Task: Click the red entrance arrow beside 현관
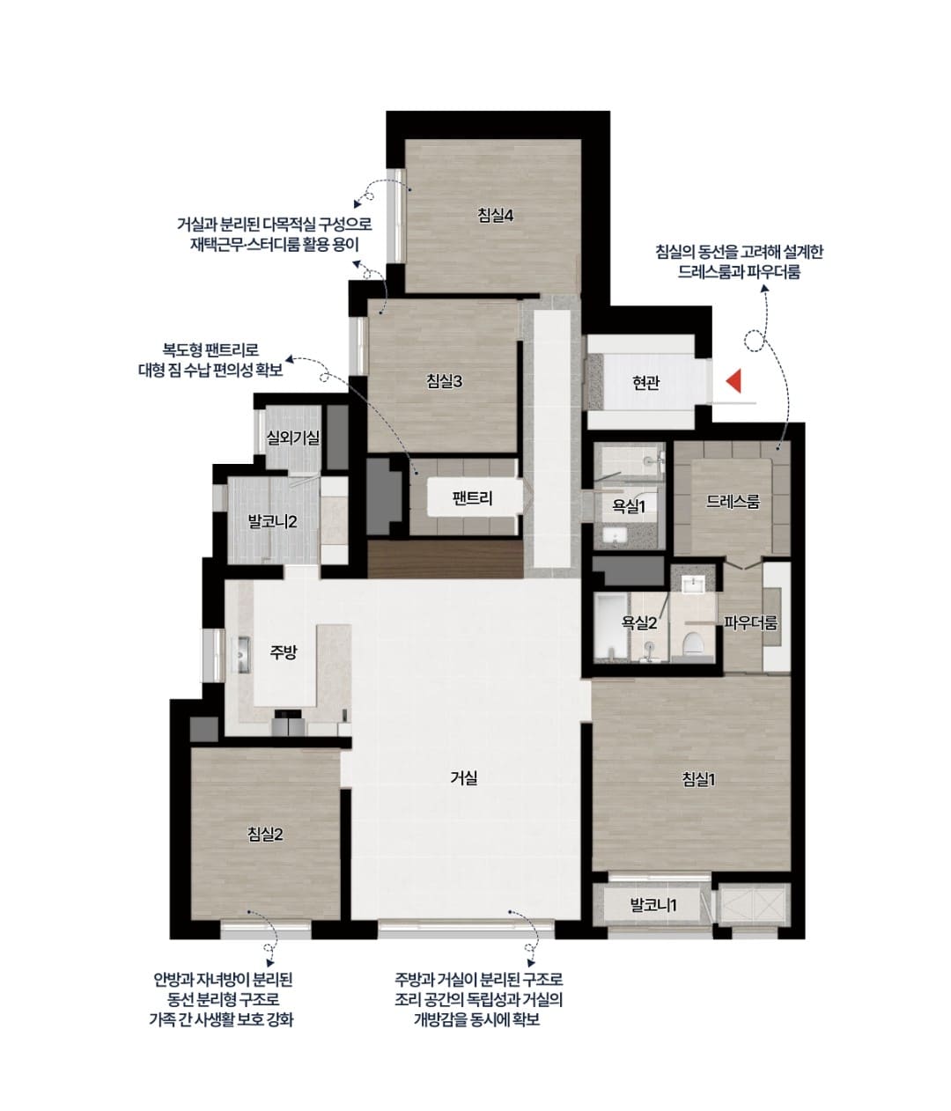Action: click(x=734, y=380)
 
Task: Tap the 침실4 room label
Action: click(x=495, y=216)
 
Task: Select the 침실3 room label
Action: click(x=444, y=381)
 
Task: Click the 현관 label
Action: click(x=645, y=383)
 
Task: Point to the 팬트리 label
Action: click(x=472, y=498)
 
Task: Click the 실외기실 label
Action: click(x=293, y=438)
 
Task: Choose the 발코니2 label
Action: click(x=272, y=521)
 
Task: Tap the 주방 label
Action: click(x=283, y=652)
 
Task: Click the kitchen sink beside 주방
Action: click(x=241, y=654)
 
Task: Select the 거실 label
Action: click(x=464, y=777)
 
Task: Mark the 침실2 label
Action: click(x=265, y=835)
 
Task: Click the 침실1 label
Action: click(x=698, y=779)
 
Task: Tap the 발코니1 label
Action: click(x=653, y=905)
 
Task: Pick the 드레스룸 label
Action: click(x=733, y=502)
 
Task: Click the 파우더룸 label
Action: click(x=750, y=623)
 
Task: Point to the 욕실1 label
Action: click(x=629, y=506)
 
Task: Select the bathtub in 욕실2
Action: click(x=611, y=625)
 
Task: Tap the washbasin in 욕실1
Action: click(x=615, y=536)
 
